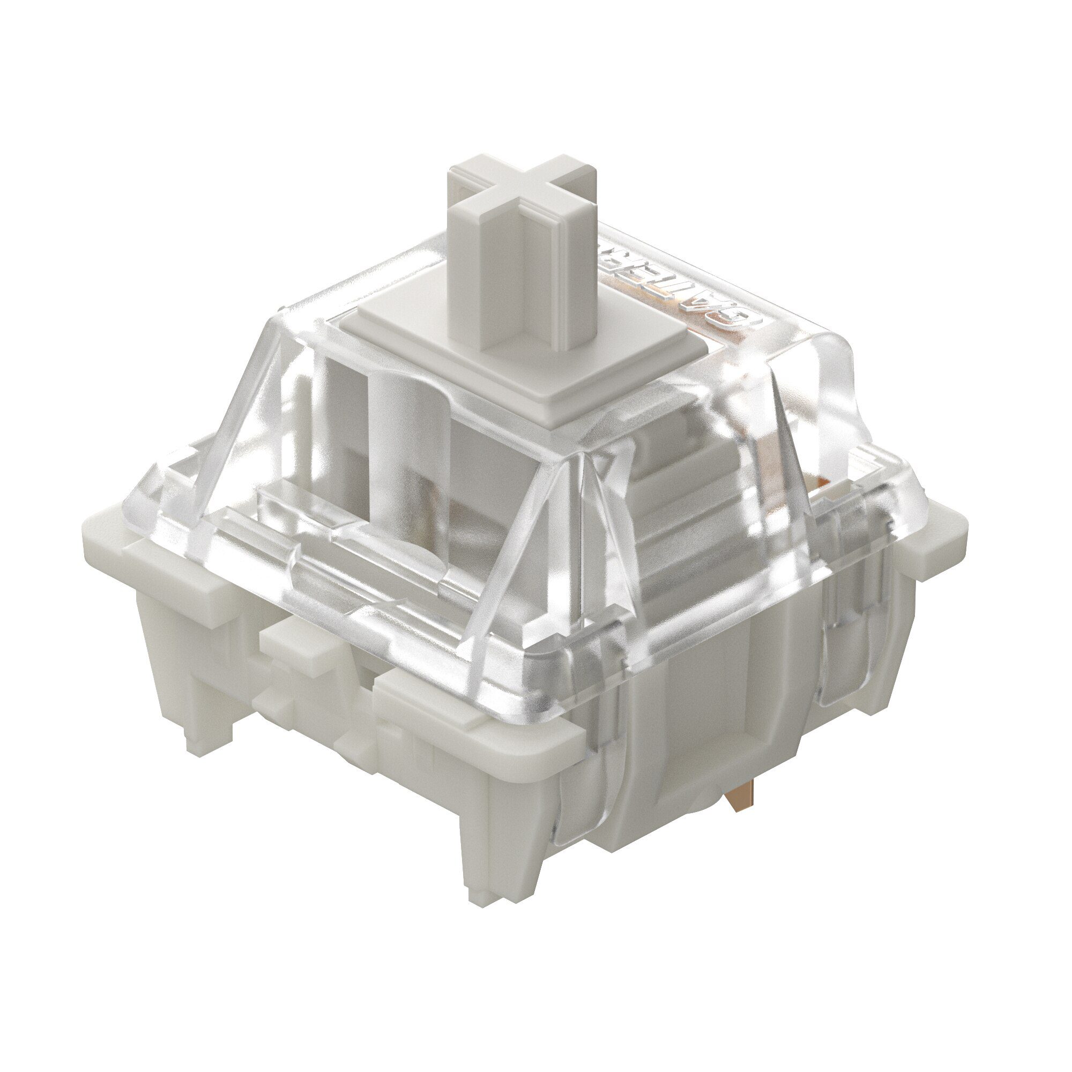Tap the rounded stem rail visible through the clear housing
tap(399, 422)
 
